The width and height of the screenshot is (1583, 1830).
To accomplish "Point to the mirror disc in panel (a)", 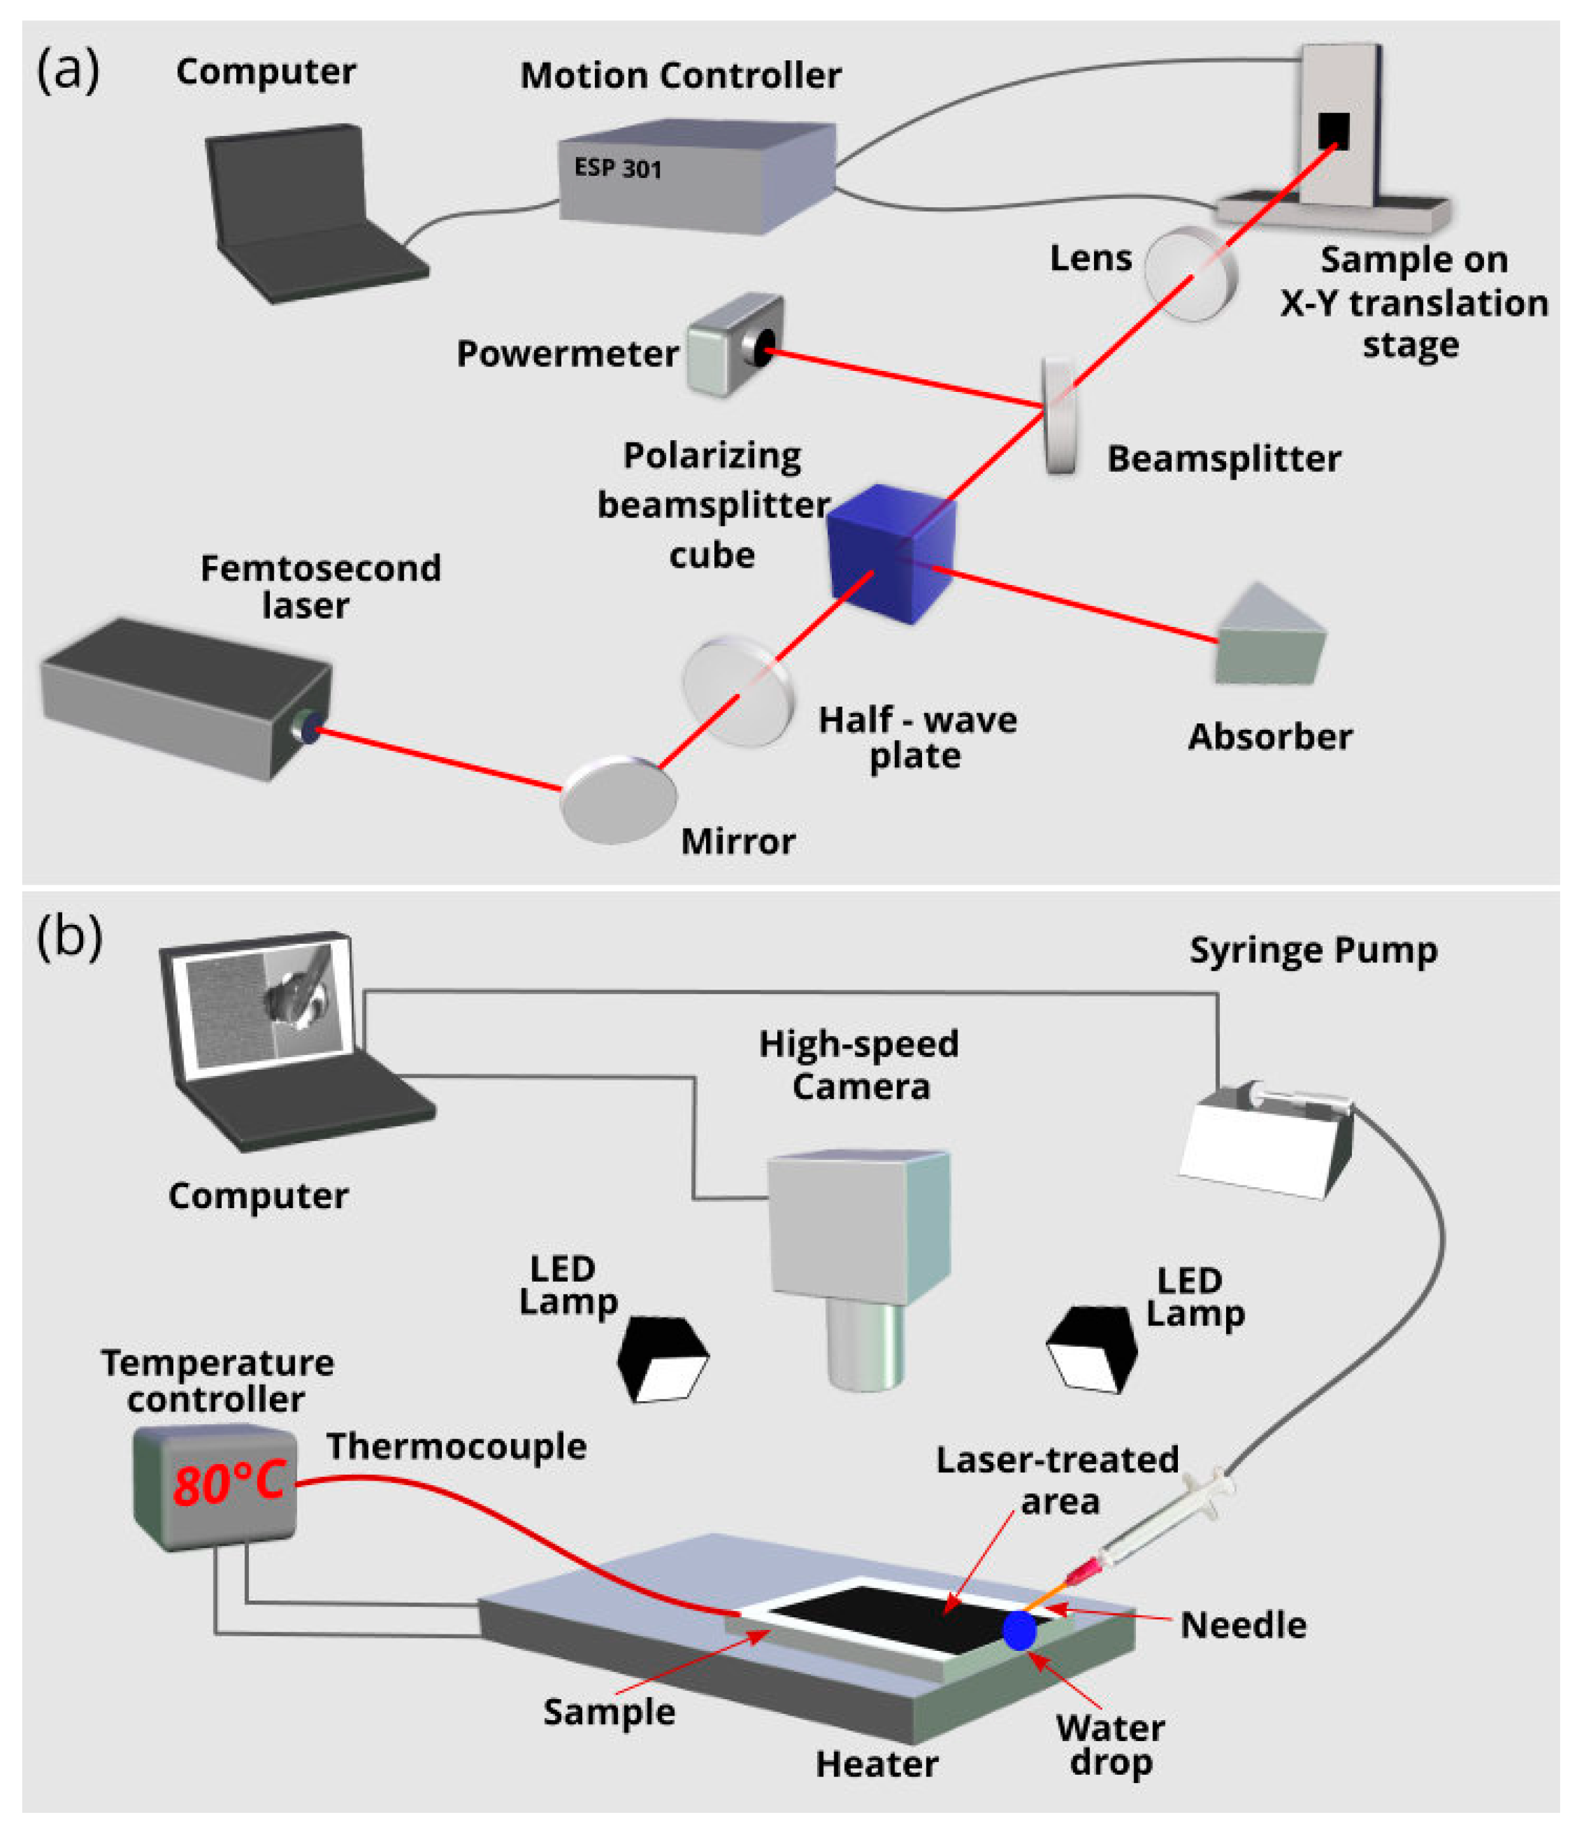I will [618, 800].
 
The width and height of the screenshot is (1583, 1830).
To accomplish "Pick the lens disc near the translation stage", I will [1190, 274].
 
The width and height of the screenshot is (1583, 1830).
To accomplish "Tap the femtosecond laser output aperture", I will [310, 728].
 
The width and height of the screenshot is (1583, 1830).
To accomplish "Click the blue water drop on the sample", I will [1019, 1631].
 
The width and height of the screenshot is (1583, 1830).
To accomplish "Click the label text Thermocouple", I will [456, 1446].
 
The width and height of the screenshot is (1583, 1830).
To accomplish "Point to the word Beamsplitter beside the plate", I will [1224, 459].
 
